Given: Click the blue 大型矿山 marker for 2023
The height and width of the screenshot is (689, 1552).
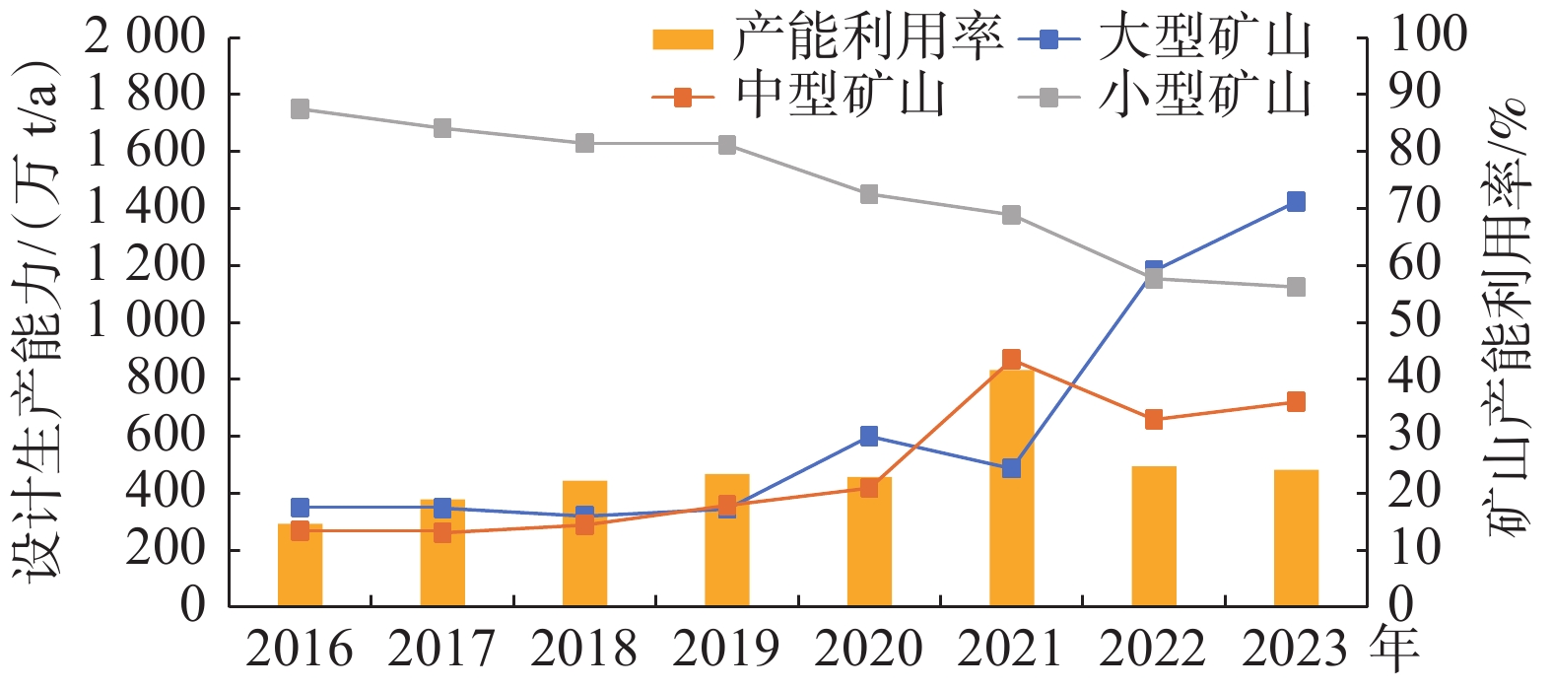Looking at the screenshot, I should tap(1296, 202).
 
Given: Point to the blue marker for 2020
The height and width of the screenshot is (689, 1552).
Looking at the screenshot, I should tap(869, 436).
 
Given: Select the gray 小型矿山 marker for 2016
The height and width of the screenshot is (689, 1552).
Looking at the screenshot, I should tap(300, 109).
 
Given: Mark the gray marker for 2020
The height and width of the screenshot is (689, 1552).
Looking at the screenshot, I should tap(869, 194).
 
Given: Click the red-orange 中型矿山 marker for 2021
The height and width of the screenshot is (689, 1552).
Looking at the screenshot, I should tap(1011, 359).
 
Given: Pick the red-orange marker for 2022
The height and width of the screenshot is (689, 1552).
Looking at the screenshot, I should tap(1154, 420).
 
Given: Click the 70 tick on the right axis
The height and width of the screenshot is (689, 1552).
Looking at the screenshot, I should tap(1414, 208).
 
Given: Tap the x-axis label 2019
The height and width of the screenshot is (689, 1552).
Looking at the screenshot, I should tap(726, 650).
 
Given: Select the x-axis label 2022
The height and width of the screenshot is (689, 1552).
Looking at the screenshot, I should tap(1153, 650).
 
